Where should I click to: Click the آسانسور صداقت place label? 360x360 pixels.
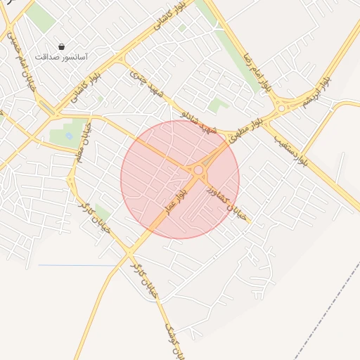pyautogui.click(x=61, y=56)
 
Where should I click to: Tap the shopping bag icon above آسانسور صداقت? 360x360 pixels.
pyautogui.click(x=61, y=46)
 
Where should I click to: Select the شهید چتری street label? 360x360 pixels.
pyautogui.click(x=146, y=83)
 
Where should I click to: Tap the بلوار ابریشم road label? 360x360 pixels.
pyautogui.click(x=311, y=95)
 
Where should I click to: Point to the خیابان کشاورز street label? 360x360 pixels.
pyautogui.click(x=226, y=202)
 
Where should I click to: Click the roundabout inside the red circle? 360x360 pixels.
pyautogui.click(x=199, y=169)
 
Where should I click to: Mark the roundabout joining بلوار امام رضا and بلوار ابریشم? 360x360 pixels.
pyautogui.click(x=283, y=107)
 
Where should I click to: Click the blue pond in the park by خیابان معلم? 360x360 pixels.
pyautogui.click(x=69, y=134)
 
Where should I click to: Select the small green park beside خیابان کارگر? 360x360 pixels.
pyautogui.click(x=103, y=212)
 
